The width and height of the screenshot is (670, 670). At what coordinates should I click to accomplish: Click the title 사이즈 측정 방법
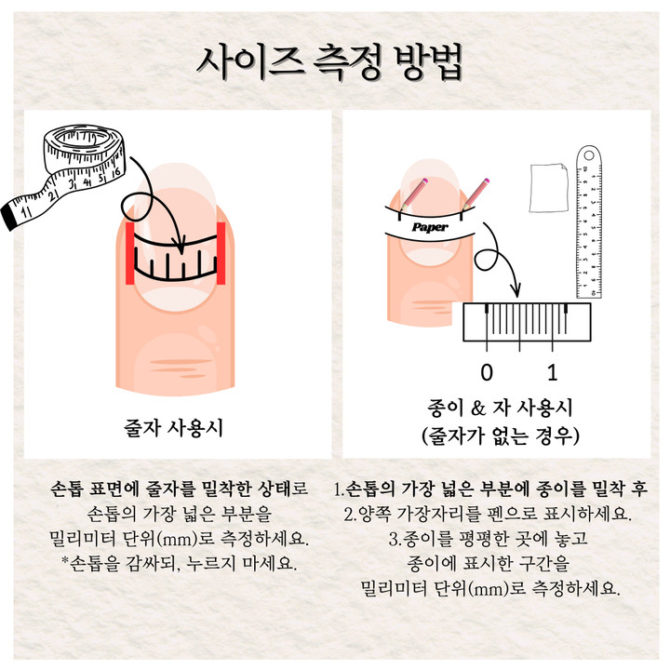329,63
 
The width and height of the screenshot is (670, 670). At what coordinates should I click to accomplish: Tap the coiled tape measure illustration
64,175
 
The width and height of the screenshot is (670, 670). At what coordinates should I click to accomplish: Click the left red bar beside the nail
130,253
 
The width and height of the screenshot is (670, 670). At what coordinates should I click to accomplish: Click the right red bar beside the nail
221,253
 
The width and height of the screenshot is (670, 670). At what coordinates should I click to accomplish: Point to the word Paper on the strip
430,227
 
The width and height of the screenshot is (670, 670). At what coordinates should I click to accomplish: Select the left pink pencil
413,194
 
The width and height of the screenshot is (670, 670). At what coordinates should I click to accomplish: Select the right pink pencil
475,194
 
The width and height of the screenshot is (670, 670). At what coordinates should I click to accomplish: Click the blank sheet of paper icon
549,187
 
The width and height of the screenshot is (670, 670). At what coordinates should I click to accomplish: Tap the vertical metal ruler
589,221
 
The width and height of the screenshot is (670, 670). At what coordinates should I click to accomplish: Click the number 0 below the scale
487,372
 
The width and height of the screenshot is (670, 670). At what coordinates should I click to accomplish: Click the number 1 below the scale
553,372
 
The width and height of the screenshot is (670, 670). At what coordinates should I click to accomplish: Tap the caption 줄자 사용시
173,427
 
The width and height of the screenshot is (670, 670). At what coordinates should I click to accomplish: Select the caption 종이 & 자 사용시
500,408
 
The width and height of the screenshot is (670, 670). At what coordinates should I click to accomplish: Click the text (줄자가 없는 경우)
500,435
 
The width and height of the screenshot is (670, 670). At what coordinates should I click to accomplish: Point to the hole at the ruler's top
589,154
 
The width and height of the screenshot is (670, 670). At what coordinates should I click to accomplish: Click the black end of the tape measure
8,218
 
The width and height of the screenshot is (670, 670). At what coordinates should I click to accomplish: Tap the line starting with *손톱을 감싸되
179,564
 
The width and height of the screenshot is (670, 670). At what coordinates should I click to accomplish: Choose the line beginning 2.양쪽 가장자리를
488,514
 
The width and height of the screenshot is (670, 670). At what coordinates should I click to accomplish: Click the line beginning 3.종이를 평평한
489,539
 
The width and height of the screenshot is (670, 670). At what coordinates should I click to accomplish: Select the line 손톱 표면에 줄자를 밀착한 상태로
179,489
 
